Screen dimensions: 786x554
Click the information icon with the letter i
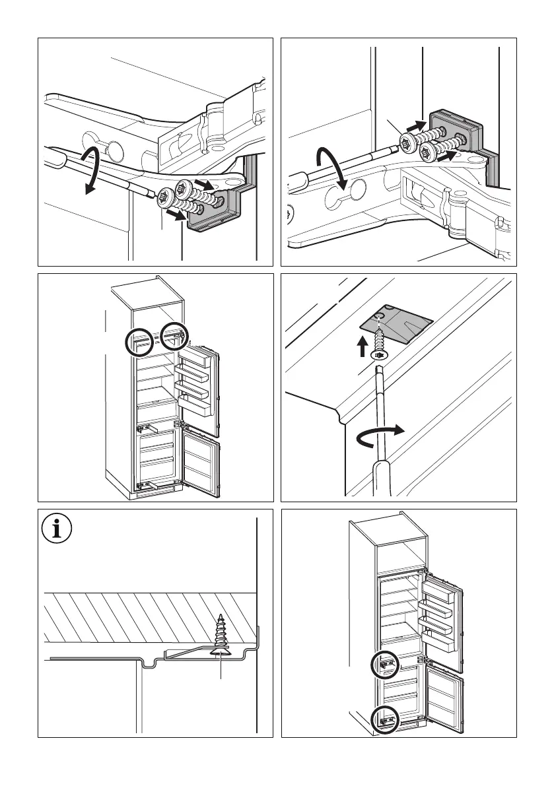[x=56, y=529]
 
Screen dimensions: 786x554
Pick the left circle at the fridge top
[x=140, y=342]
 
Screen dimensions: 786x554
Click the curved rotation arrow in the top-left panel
[x=93, y=170]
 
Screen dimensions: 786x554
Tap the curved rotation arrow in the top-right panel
[x=330, y=168]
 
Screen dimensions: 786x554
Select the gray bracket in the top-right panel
[x=456, y=135]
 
